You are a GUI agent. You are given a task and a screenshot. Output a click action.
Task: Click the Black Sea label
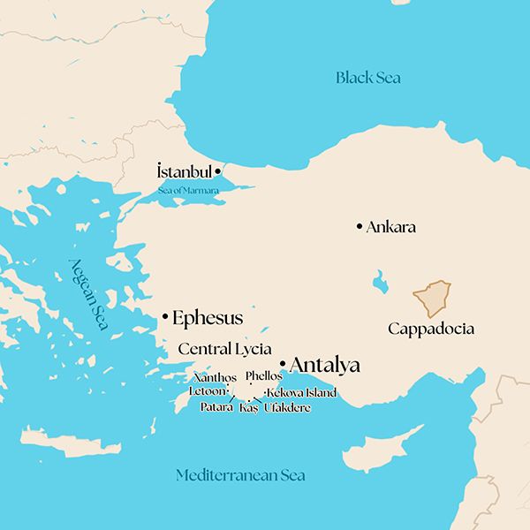[367, 78]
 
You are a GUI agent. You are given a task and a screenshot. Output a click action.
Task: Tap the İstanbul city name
[184, 171]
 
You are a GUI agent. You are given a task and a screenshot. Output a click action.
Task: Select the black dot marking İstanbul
[218, 170]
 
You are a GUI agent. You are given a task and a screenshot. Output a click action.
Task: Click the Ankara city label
[391, 227]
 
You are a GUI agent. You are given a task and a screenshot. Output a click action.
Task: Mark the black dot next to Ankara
[359, 227]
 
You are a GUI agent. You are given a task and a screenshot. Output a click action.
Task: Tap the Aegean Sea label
[89, 294]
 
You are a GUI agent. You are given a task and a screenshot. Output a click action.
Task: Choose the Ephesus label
[208, 318]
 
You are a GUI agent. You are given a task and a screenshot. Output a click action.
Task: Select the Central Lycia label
[224, 348]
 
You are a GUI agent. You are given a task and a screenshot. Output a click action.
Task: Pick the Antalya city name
[325, 365]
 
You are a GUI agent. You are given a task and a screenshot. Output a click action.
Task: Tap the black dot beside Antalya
[282, 364]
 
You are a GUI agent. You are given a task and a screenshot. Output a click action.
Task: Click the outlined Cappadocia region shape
[433, 299]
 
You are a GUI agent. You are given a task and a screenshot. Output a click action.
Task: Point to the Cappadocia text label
[431, 329]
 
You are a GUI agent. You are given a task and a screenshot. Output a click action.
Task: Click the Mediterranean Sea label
[240, 475]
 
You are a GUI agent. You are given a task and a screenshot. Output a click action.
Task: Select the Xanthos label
[215, 377]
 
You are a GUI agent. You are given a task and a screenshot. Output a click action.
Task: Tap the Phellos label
[264, 376]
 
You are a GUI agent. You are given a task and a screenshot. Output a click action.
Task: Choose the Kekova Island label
[302, 392]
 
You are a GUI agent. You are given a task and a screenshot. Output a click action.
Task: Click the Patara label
[216, 407]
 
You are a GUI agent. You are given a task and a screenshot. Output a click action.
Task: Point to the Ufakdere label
[287, 407]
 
